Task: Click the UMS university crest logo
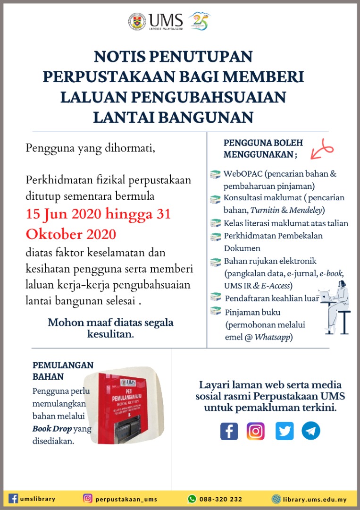pyautogui.click(x=137, y=21)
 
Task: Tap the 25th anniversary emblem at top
pyautogui.click(x=199, y=21)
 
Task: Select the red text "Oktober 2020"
pyautogui.click(x=71, y=234)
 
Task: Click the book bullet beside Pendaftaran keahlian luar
pyautogui.click(x=216, y=297)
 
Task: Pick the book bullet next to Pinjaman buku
pyautogui.click(x=216, y=311)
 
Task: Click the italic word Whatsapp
pyautogui.click(x=272, y=337)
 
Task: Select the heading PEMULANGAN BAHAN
pyautogui.click(x=63, y=371)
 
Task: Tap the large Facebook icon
pyautogui.click(x=229, y=431)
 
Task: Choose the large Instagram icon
pyautogui.click(x=256, y=431)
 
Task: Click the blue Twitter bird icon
pyautogui.click(x=284, y=431)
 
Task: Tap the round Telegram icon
pyautogui.click(x=311, y=431)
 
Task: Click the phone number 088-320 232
pyautogui.click(x=221, y=499)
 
